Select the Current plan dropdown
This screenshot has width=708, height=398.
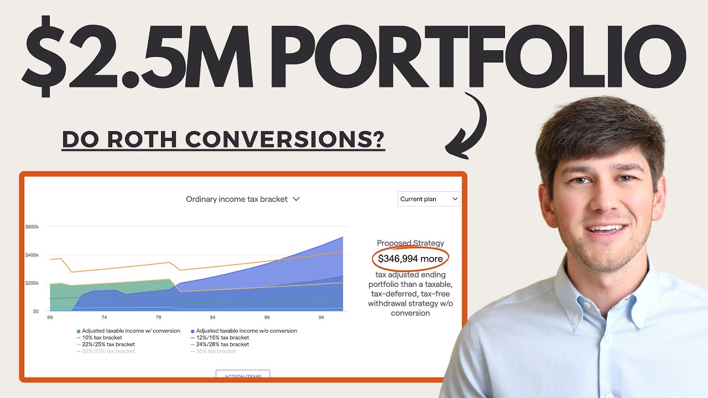click(429, 199)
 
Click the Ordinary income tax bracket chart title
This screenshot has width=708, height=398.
click(242, 199)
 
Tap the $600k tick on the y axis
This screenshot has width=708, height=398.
click(32, 227)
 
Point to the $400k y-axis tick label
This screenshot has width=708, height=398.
click(32, 255)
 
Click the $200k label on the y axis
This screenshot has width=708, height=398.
click(32, 283)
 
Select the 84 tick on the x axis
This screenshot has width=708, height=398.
click(212, 318)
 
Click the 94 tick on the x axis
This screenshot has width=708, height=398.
click(321, 318)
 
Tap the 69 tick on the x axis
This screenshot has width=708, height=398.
click(50, 318)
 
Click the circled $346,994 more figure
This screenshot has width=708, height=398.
click(410, 258)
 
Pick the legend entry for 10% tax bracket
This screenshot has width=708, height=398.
click(101, 337)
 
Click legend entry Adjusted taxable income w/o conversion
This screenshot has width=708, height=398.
click(246, 331)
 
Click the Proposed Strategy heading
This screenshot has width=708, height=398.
click(410, 243)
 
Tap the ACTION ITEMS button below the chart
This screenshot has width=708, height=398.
click(242, 375)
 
